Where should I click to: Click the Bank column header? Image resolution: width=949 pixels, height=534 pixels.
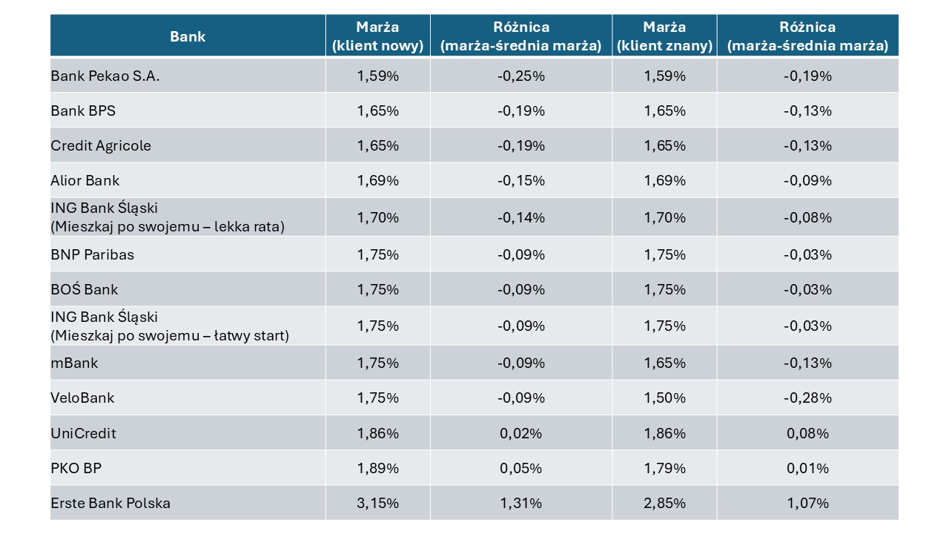tap(188, 36)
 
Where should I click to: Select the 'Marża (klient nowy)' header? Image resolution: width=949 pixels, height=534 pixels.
tap(377, 36)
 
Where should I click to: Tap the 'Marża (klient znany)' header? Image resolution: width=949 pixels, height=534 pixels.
tap(664, 36)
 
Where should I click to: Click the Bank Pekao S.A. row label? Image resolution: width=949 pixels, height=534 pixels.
tap(105, 76)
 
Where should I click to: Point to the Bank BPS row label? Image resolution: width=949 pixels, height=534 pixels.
tap(83, 111)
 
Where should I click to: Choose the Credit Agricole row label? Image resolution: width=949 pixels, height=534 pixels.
tap(101, 145)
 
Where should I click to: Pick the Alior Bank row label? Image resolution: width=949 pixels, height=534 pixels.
tap(85, 180)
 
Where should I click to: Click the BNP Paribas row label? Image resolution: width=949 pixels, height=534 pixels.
tap(93, 254)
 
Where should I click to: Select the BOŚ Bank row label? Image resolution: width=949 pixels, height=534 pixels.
tap(85, 289)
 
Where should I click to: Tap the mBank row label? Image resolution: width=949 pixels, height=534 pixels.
tap(75, 363)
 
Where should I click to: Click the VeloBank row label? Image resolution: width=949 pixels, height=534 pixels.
tap(82, 398)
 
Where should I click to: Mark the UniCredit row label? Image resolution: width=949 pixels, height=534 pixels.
tap(84, 433)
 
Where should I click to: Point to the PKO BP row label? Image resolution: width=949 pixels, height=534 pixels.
tap(76, 468)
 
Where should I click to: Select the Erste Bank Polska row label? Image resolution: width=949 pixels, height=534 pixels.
tap(110, 503)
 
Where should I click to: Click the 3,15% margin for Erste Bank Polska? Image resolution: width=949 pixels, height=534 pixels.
tap(377, 503)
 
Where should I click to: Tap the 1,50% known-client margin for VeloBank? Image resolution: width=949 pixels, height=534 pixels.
tap(664, 398)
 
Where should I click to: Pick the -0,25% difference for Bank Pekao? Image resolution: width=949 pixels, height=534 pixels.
tap(520, 76)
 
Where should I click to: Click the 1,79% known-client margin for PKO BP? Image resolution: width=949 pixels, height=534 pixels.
tap(664, 468)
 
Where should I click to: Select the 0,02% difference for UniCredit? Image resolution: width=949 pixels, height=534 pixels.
tap(520, 433)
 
